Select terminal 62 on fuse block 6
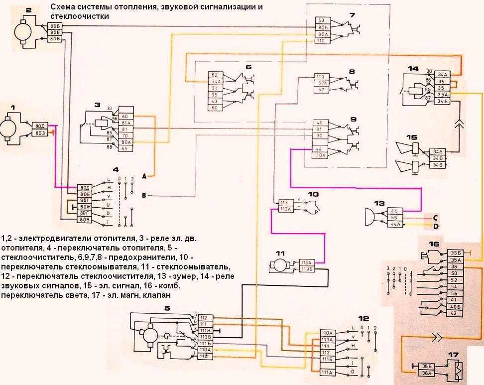[215, 74]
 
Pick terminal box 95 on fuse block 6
[215, 93]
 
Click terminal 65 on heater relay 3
[125, 148]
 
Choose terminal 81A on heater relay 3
[125, 123]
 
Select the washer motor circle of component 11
[278, 265]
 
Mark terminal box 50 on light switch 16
[454, 273]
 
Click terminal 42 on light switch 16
[454, 313]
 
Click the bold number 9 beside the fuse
[353, 120]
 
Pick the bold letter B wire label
[143, 196]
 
